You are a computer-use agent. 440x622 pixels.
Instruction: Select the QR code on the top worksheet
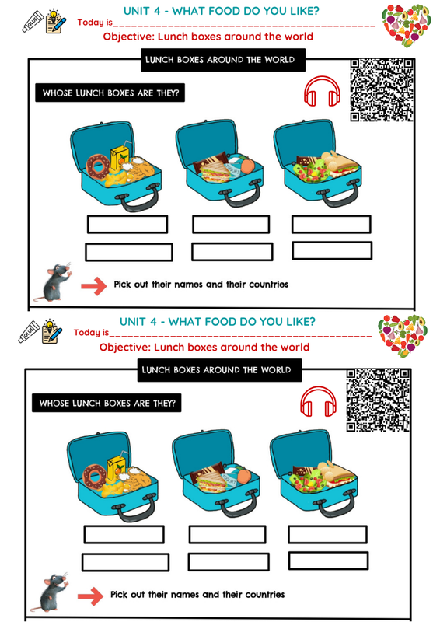(x=381, y=90)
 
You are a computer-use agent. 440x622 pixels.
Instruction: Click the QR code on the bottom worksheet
(x=378, y=400)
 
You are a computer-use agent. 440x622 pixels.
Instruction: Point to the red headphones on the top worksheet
(x=322, y=91)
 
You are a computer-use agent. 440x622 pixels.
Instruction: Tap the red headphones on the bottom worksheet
(x=318, y=401)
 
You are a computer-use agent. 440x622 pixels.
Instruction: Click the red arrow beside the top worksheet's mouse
(x=94, y=285)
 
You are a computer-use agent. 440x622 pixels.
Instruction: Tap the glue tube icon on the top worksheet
(x=33, y=22)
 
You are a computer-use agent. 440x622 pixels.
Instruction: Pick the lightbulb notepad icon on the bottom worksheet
(x=52, y=331)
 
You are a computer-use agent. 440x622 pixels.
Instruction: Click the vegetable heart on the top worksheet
(x=407, y=26)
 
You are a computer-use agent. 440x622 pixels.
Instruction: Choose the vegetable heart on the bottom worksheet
(x=403, y=336)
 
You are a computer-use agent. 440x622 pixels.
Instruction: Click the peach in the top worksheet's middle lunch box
(x=247, y=166)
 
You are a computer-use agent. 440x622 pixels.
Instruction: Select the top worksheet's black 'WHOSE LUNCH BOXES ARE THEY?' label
(x=110, y=93)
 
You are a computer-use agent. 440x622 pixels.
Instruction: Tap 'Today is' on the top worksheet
(x=95, y=23)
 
